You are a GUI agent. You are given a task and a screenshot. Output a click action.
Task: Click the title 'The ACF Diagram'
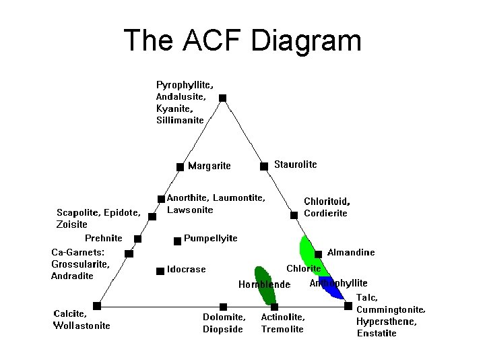tap(243, 40)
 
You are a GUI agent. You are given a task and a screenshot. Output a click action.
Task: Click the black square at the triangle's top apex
tap(223, 98)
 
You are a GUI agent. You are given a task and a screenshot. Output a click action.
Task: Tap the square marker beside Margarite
tap(180, 166)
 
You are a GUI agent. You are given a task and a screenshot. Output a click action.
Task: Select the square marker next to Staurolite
tap(264, 165)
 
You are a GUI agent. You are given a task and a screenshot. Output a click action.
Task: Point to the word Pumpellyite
tap(210, 239)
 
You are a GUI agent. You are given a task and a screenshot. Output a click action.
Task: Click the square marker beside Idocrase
tap(160, 270)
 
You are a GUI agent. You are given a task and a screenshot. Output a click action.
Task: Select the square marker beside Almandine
tap(318, 253)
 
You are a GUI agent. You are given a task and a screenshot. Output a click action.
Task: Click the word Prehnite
tap(104, 238)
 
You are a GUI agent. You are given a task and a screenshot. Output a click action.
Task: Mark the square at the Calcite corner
tap(97, 305)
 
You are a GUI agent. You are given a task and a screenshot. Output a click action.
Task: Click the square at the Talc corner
tap(348, 305)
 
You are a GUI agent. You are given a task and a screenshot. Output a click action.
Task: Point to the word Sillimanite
tap(180, 121)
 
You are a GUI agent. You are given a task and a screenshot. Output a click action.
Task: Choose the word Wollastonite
tap(82, 326)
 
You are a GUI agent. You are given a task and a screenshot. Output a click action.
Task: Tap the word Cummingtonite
tap(391, 309)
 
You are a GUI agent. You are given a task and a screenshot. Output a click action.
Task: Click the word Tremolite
tap(282, 329)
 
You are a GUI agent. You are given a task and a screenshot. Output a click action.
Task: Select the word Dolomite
tap(224, 316)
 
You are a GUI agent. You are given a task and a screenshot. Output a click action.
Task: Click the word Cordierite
tap(325, 213)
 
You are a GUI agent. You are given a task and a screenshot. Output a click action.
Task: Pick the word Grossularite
tap(79, 264)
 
